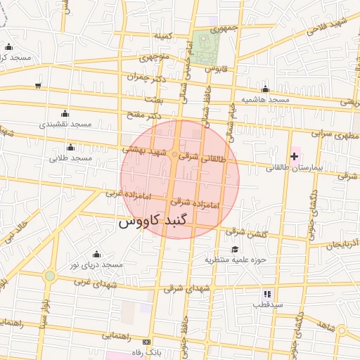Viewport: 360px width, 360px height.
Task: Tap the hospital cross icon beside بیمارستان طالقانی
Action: [x=294, y=155]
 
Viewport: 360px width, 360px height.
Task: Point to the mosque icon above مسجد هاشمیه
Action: [x=265, y=89]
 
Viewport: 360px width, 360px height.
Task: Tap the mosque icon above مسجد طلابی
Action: [x=70, y=147]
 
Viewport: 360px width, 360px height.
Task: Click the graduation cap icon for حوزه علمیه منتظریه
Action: [x=235, y=249]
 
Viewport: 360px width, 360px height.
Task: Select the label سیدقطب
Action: [x=267, y=304]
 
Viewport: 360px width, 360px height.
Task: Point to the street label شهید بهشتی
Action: [x=144, y=150]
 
